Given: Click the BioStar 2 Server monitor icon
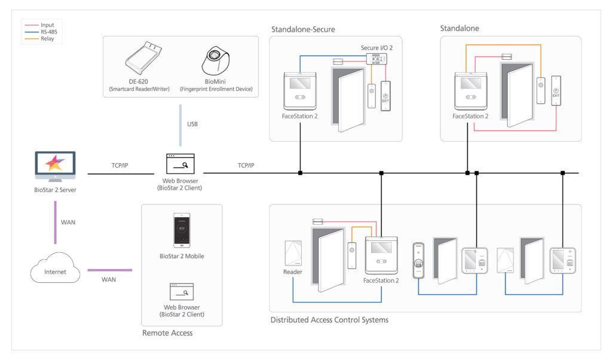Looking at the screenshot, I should (55, 167).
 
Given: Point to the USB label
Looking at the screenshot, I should (192, 124).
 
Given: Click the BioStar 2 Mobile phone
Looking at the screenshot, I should (182, 230).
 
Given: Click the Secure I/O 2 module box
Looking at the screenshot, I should (377, 58).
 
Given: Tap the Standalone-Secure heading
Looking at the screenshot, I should (303, 29).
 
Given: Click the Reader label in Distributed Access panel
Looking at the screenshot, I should (293, 272).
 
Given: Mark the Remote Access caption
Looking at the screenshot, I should (167, 332).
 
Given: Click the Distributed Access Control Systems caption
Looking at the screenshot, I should (329, 320).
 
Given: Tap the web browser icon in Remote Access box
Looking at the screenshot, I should (182, 292).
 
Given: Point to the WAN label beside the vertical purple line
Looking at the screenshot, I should (68, 222).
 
